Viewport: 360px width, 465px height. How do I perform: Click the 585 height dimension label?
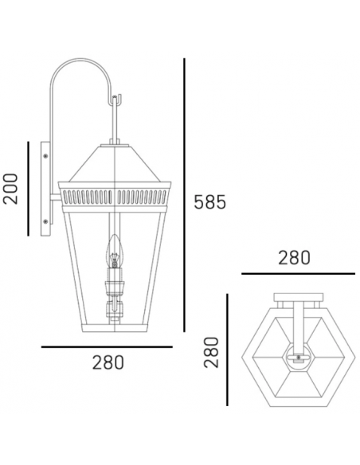point(209,202)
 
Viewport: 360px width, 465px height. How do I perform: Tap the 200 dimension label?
point(10,189)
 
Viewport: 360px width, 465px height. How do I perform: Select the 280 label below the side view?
point(108,362)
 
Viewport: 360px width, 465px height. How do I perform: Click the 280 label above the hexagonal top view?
point(294,258)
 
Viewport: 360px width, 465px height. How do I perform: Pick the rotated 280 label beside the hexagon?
point(211,352)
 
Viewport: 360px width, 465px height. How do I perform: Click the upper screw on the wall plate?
point(45,156)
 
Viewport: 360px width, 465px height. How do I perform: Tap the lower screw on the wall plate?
point(45,221)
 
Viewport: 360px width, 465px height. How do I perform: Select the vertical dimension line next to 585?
point(184,195)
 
